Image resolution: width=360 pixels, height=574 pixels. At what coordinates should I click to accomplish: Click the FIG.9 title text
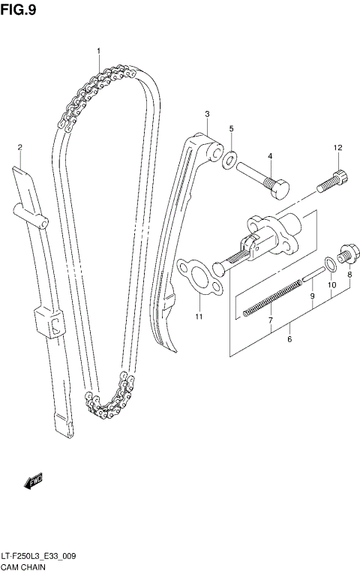18,10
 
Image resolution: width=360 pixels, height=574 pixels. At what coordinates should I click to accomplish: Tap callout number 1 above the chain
97,50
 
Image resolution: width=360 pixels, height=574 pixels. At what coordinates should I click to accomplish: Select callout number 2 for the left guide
20,147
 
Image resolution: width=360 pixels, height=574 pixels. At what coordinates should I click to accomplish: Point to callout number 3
207,114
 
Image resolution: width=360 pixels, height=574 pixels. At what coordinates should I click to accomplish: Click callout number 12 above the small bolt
337,147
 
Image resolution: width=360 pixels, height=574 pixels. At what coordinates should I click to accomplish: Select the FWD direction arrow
34,480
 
